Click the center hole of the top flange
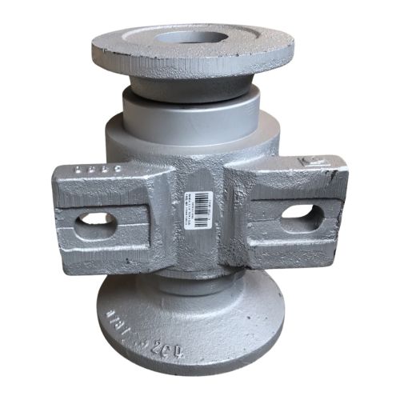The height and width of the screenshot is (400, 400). [x=190, y=37]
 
